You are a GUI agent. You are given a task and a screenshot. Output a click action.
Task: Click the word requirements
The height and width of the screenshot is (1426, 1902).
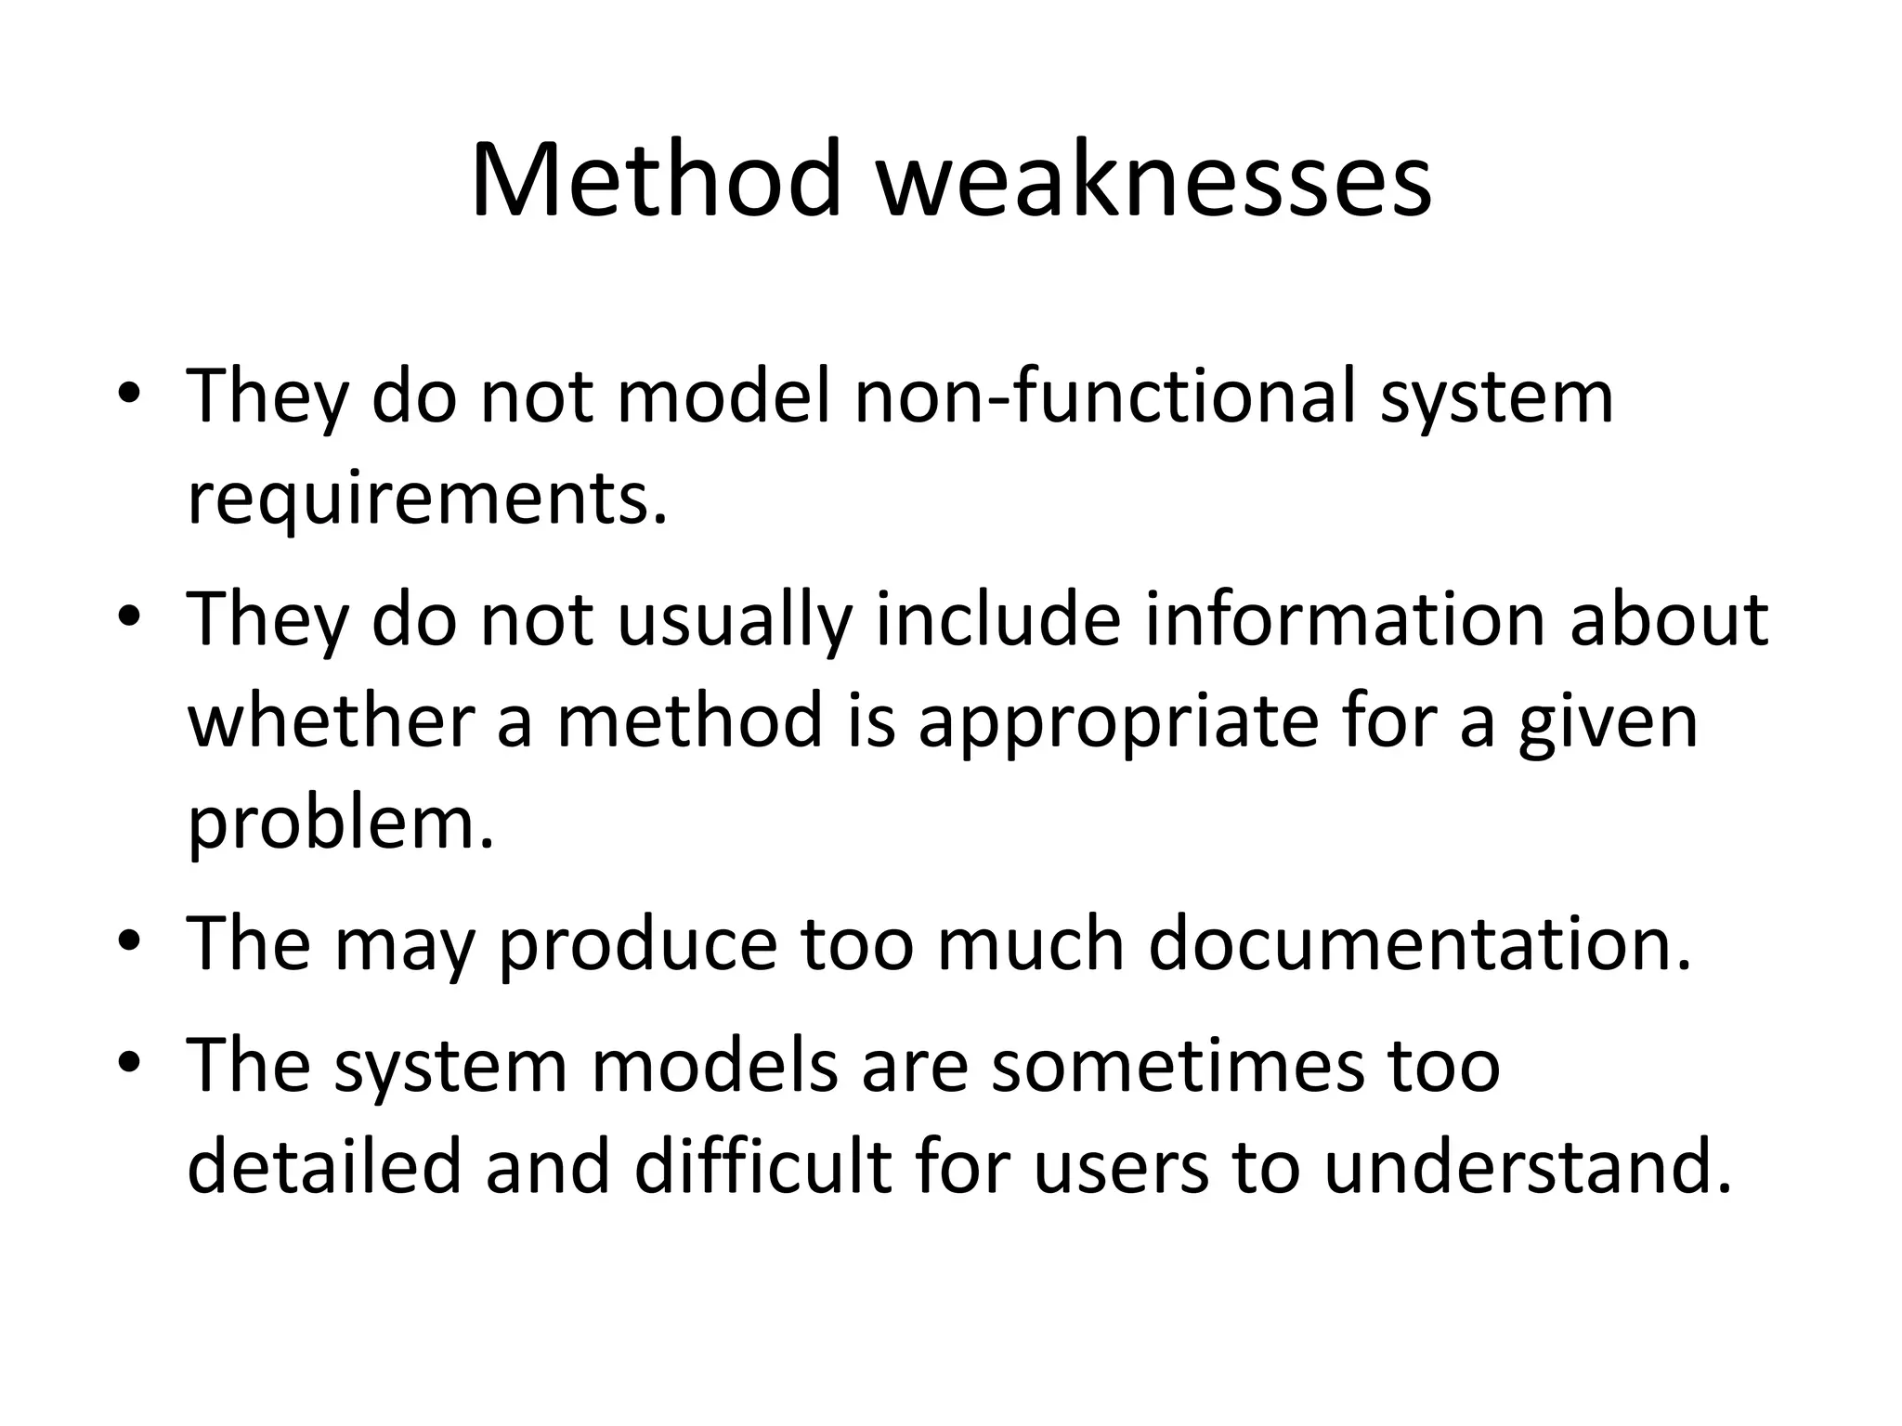(x=427, y=499)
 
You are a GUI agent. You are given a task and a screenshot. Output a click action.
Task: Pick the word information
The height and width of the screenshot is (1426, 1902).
(x=1344, y=619)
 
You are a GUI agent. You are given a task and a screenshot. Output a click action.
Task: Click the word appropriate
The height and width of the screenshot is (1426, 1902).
(x=1118, y=721)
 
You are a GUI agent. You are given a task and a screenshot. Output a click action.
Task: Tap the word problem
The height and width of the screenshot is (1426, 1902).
(x=341, y=823)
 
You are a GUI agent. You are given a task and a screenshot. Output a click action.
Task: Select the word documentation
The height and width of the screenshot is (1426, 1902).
(x=1419, y=944)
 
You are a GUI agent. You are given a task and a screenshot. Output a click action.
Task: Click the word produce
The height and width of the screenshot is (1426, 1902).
(x=637, y=944)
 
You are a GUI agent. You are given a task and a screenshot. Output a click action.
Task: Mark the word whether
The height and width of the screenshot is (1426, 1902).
(x=332, y=721)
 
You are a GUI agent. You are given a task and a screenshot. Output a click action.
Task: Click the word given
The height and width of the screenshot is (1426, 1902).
(x=1609, y=721)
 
